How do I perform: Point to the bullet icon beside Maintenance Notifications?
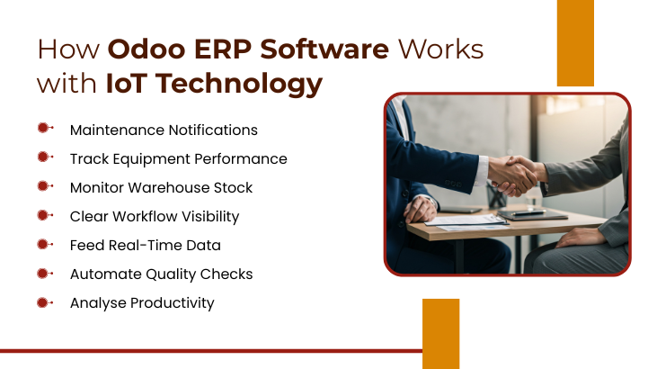point(44,130)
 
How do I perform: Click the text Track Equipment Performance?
point(178,158)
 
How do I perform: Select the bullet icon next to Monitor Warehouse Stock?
point(44,187)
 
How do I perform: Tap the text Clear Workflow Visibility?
point(154,216)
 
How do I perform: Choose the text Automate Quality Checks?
point(161,274)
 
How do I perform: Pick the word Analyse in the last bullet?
point(96,302)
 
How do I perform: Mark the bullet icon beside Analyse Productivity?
point(44,302)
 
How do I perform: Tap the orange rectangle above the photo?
point(575,43)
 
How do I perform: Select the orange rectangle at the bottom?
point(440,333)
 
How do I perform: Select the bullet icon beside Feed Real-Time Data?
point(44,245)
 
